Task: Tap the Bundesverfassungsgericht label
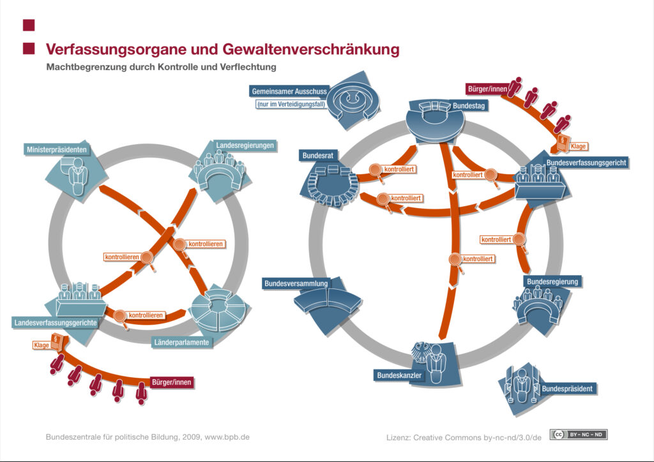586,163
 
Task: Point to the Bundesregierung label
552,281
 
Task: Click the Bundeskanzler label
399,376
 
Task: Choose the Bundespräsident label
568,388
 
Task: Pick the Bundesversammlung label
296,283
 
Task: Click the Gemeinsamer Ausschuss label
289,91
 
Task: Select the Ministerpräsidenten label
56,150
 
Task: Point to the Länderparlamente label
181,343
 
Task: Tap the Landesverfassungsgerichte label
56,323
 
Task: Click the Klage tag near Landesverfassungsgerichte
41,345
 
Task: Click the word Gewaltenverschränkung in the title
311,49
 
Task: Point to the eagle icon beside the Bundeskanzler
422,352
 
